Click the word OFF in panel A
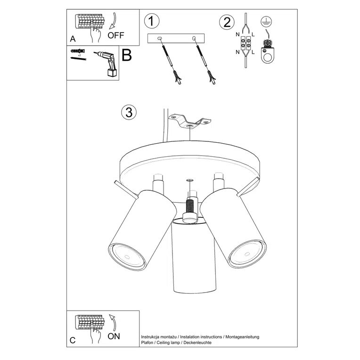click(x=116, y=35)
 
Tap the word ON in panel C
click(x=115, y=336)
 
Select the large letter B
click(x=126, y=56)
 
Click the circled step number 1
click(x=152, y=21)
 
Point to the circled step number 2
click(x=227, y=22)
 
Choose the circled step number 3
click(x=128, y=112)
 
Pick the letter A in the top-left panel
click(x=73, y=39)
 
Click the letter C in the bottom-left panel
click(x=72, y=340)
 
